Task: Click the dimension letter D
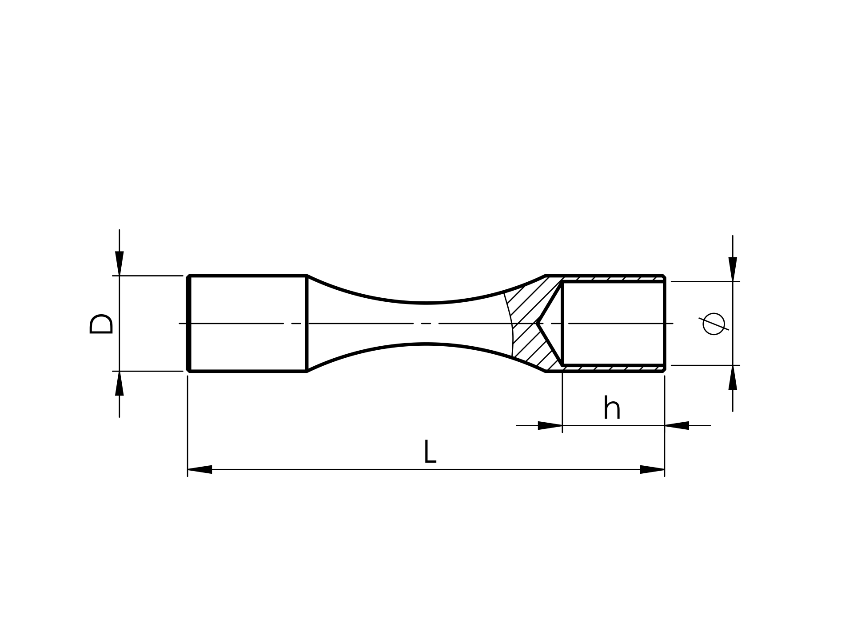click(x=101, y=324)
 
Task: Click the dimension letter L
click(x=430, y=452)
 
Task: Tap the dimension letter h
click(x=612, y=408)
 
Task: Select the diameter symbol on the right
click(x=714, y=324)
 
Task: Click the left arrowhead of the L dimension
click(x=200, y=469)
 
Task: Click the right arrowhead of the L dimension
click(x=652, y=469)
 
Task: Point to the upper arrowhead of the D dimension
click(x=120, y=264)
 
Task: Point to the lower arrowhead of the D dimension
click(x=120, y=383)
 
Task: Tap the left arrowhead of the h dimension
click(x=550, y=425)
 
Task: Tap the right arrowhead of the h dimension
click(x=677, y=425)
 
